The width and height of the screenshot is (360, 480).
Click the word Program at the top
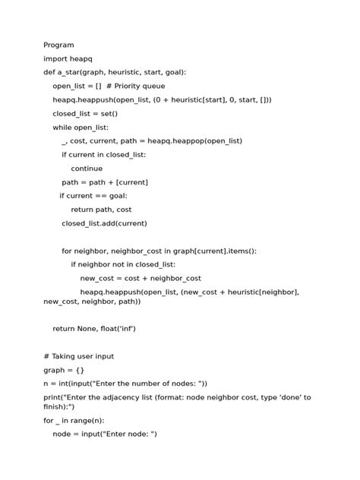[58, 46]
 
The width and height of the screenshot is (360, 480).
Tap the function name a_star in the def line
[72, 73]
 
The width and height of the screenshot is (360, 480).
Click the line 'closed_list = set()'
[85, 114]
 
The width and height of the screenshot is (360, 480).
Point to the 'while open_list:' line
[81, 128]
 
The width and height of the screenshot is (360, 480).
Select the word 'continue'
[87, 169]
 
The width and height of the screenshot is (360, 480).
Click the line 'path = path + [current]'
[105, 182]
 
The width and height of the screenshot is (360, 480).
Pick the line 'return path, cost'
[101, 210]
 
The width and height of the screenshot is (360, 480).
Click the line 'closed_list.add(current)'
[104, 223]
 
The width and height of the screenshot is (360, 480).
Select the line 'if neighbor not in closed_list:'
[123, 264]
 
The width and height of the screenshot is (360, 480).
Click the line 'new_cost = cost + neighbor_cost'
[141, 278]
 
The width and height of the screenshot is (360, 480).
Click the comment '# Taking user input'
[79, 356]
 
